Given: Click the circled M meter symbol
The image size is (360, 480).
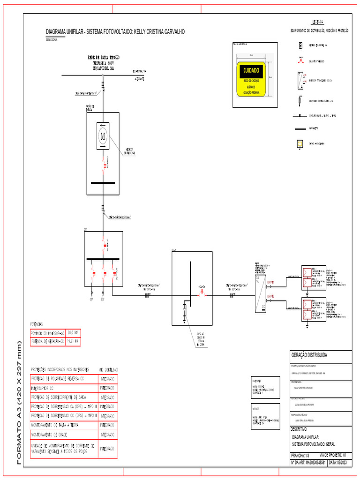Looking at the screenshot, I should (x=103, y=136).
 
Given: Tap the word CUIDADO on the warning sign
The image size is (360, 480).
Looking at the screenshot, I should (x=251, y=70).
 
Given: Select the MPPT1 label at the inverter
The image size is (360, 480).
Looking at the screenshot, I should (x=270, y=283).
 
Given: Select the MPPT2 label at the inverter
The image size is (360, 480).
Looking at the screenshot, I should (x=270, y=297).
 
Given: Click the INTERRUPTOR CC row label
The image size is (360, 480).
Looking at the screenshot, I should (x=46, y=388).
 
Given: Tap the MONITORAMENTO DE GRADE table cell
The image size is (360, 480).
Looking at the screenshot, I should (x=52, y=434).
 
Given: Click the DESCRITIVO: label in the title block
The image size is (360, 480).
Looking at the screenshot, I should (x=299, y=429).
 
